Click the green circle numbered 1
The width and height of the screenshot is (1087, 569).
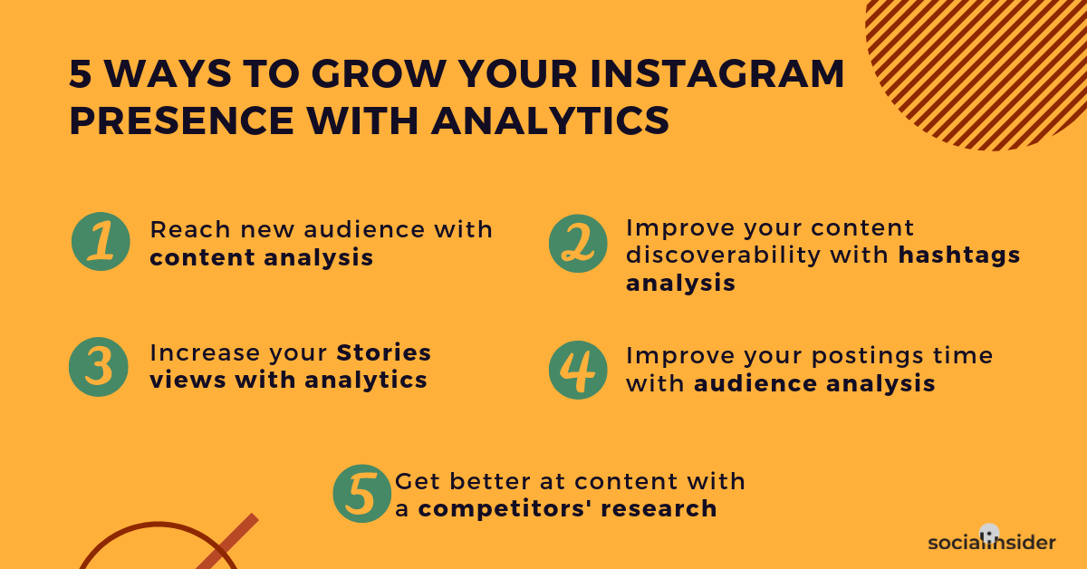pos(101,241)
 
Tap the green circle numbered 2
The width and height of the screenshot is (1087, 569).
pos(578,243)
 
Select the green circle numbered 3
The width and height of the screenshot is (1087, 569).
pos(99,367)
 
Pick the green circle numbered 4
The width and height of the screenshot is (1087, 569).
pos(578,370)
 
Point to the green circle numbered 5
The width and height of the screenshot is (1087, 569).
pos(362,493)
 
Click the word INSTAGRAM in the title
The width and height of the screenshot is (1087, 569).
pos(717,73)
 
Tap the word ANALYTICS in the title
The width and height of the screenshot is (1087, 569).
pos(551,121)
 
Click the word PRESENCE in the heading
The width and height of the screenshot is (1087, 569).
pos(182,121)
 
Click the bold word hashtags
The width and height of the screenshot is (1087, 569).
pos(959,255)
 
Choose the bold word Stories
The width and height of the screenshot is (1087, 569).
pos(383,352)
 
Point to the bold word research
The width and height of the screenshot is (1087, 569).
pos(659,509)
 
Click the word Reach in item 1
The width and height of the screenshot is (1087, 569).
pos(189,229)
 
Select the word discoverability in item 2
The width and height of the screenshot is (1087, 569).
pos(723,255)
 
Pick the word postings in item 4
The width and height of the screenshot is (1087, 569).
pos(867,357)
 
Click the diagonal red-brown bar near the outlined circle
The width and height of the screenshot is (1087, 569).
pos(227,542)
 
